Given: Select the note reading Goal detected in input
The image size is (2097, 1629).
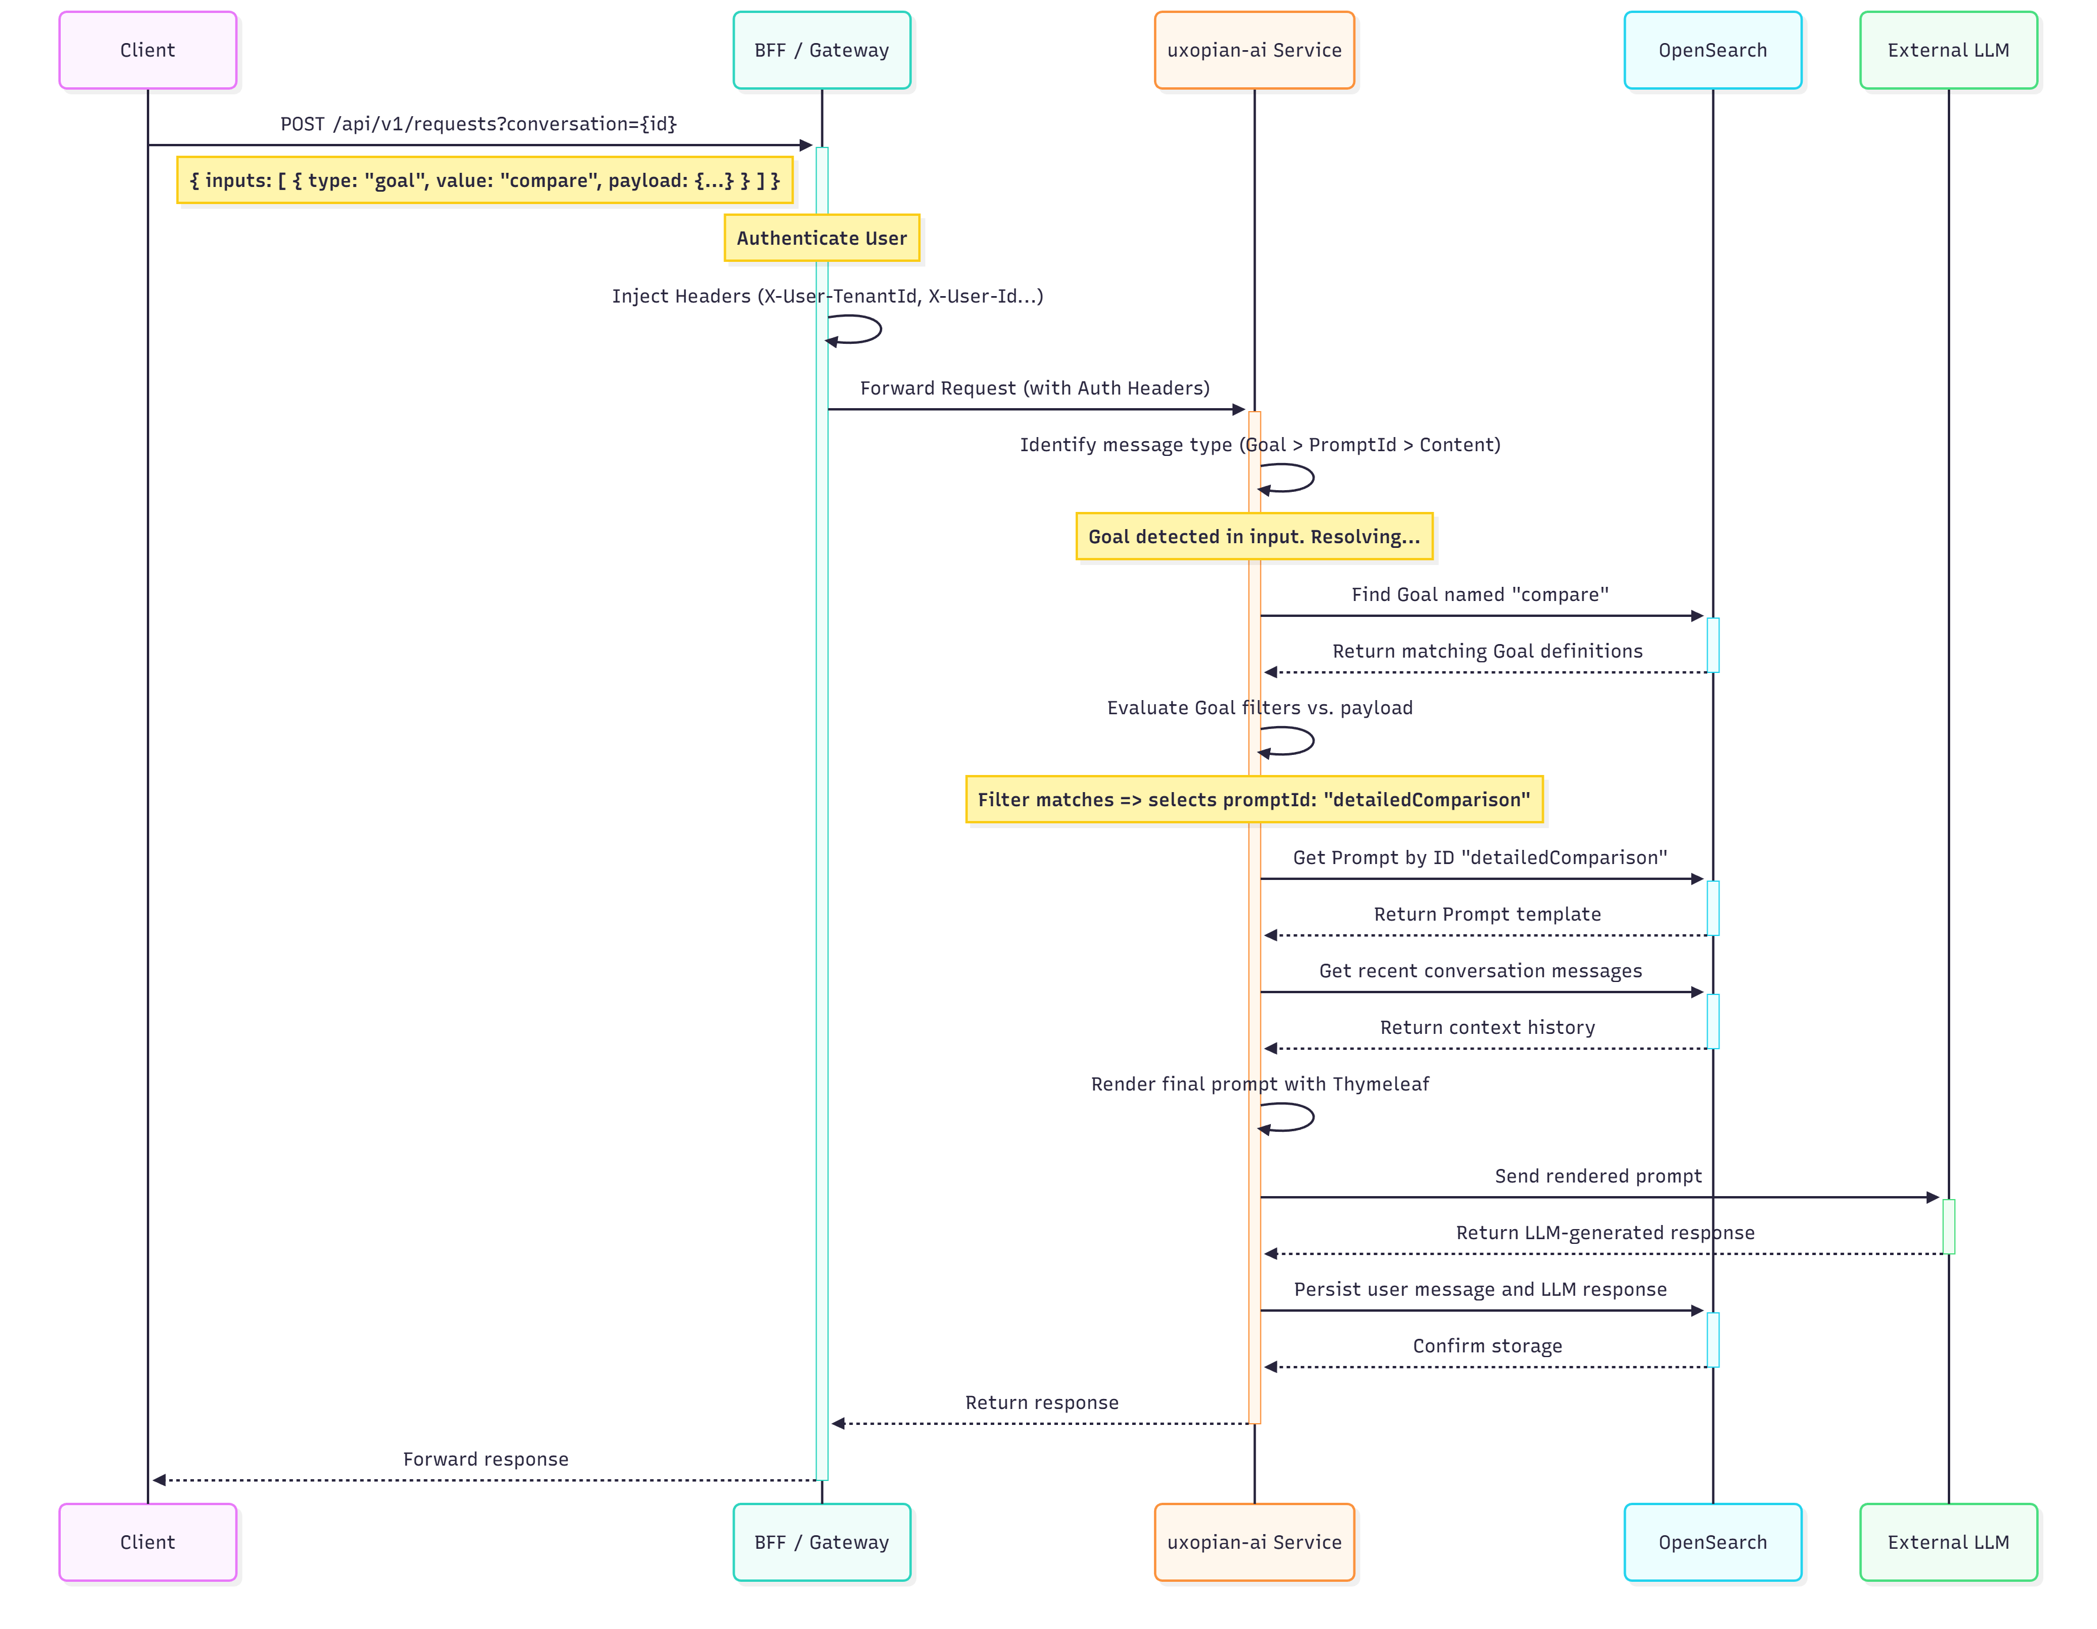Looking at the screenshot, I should [1253, 536].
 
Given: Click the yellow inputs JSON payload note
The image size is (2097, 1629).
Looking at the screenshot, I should [484, 180].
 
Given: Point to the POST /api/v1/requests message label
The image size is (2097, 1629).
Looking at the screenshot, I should [478, 124].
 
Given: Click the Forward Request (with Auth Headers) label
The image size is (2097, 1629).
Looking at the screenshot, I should [1034, 388].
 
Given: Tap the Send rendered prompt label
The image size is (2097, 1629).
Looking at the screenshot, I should [1598, 1175].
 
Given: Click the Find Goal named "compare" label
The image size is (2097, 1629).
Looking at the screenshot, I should [1480, 595].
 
